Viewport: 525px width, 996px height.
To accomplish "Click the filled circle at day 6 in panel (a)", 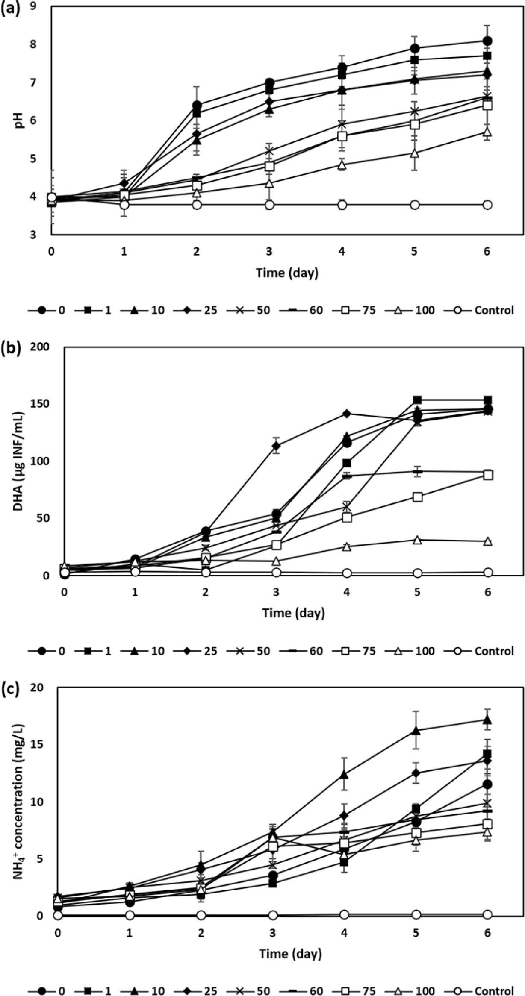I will (x=487, y=41).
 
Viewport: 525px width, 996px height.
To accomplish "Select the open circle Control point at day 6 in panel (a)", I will (x=487, y=205).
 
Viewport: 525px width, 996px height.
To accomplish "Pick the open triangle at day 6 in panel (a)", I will (x=487, y=132).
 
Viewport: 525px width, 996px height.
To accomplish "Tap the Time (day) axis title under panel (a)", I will (x=287, y=273).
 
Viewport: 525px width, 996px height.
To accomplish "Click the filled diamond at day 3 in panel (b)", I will (x=276, y=446).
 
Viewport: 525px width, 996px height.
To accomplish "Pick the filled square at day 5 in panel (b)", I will (x=417, y=400).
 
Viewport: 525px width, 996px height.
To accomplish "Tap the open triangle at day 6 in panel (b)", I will (x=488, y=541).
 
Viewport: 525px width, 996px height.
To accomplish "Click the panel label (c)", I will (x=10, y=689).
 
